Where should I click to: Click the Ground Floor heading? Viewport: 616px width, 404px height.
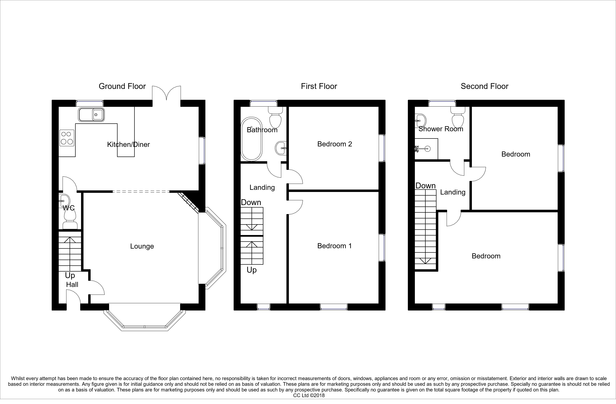tap(122, 86)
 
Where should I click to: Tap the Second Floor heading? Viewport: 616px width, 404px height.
tap(485, 86)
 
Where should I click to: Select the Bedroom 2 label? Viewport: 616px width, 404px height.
tap(335, 144)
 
